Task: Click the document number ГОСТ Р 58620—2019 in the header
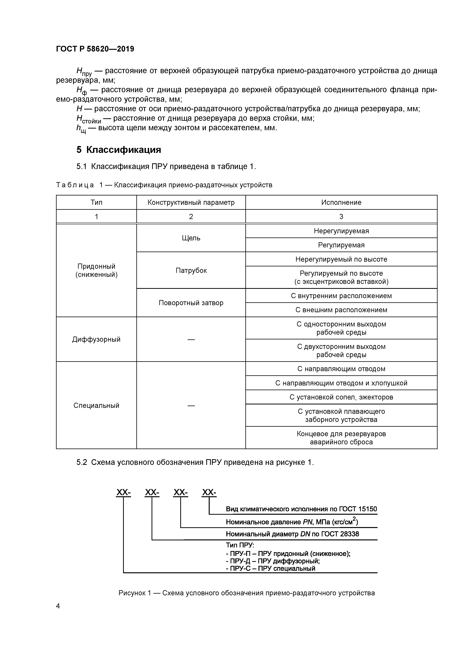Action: [95, 49]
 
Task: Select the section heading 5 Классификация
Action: [119, 150]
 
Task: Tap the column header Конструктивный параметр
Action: [191, 202]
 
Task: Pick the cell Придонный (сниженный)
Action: [96, 270]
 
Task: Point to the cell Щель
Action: [191, 238]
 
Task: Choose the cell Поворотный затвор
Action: [191, 303]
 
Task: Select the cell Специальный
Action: [96, 405]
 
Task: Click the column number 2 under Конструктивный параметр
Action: [191, 216]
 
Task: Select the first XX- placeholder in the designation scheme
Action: [123, 492]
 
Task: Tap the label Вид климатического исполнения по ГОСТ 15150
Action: [301, 509]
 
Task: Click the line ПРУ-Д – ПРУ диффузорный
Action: [273, 561]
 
